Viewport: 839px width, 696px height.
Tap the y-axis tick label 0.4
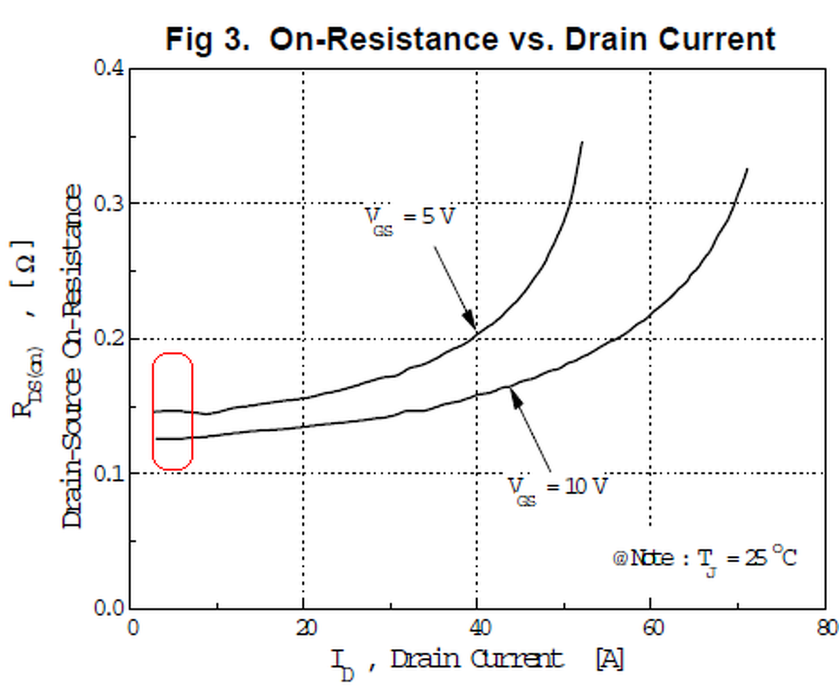109,68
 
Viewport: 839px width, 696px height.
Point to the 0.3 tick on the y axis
109,203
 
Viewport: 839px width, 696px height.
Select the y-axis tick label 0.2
109,338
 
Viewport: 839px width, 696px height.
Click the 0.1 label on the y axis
109,473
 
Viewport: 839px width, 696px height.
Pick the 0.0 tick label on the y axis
109,608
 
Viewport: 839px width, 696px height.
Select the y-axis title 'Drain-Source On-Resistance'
72,356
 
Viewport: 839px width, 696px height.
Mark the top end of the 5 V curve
582,142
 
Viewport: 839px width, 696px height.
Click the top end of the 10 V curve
748,169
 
